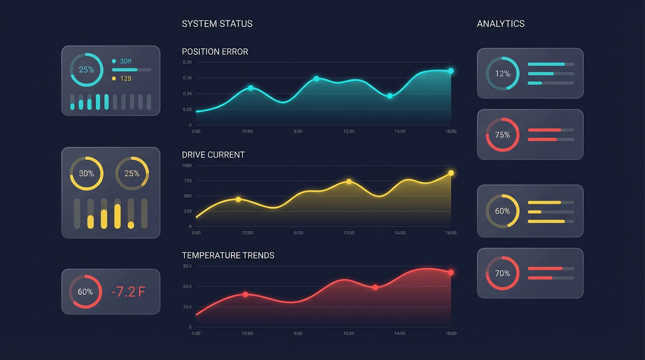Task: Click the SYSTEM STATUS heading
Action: pos(217,24)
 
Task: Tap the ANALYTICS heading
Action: pos(501,24)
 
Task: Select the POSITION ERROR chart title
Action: pos(215,52)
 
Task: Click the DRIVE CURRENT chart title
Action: pos(213,155)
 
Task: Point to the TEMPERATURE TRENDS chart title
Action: pos(228,255)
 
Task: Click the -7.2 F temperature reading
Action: pos(128,292)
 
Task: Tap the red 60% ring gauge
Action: pos(85,292)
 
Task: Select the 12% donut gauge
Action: pos(502,74)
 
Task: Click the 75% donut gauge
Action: pos(502,135)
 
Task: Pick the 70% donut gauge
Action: pos(502,273)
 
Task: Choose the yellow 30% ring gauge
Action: pos(86,173)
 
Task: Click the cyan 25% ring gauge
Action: pos(86,69)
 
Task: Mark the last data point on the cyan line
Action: pos(451,71)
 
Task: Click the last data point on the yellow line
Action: pos(451,173)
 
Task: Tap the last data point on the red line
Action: pos(451,272)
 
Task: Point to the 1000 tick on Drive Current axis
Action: pos(187,165)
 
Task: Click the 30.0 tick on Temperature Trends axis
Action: pos(187,266)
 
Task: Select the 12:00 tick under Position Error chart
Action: pos(349,132)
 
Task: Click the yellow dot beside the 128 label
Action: pos(114,78)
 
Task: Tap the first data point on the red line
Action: pos(245,294)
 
